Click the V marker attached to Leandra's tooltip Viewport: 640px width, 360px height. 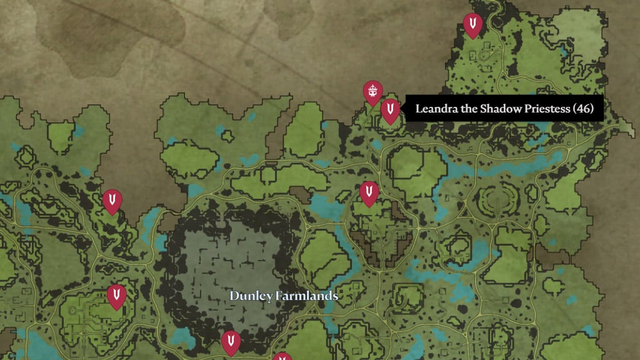(x=391, y=111)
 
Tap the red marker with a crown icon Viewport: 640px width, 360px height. (x=373, y=92)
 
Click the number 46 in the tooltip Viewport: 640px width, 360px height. (x=582, y=109)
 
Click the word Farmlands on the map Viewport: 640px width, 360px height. (x=307, y=296)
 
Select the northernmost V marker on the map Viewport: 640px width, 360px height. (x=472, y=25)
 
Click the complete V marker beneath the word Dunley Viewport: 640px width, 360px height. (x=231, y=342)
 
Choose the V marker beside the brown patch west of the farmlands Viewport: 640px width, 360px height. (x=112, y=201)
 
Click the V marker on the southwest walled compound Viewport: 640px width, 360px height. (x=116, y=296)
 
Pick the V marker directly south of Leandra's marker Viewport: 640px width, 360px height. (x=369, y=192)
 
